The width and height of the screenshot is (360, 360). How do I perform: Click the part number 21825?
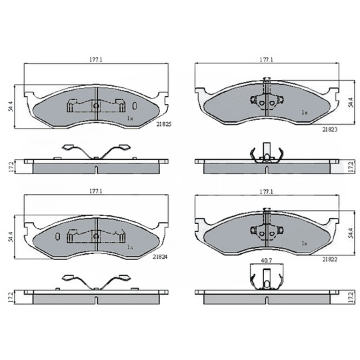(164, 124)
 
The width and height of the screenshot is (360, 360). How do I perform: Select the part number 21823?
(330, 129)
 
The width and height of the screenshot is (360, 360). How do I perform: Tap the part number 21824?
(160, 257)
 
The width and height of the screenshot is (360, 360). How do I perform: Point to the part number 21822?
(330, 259)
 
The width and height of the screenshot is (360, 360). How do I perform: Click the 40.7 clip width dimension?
(267, 261)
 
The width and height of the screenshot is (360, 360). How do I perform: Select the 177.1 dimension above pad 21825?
(96, 60)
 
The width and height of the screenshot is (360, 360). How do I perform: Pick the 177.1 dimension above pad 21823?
(266, 60)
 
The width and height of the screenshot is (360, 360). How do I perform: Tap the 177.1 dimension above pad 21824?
(96, 191)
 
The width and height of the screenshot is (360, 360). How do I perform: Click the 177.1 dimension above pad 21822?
(266, 191)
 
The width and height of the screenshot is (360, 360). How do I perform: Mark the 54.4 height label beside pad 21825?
(10, 106)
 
